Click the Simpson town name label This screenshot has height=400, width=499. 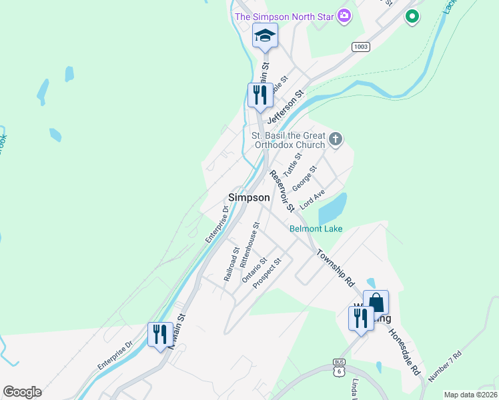pos(249,197)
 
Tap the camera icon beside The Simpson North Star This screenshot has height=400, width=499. pos(344,15)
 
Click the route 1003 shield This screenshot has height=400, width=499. pos(361,47)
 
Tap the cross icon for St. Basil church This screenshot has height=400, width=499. pos(336,139)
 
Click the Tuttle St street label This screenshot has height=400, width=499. pos(292,163)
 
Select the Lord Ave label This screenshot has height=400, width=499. pos(312,199)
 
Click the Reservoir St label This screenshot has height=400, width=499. pos(282,191)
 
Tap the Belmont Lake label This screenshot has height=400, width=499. pos(316,229)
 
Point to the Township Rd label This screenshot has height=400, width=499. pos(335,267)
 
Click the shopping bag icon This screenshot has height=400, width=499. pos(376,302)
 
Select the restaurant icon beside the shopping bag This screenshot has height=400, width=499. pos(361,317)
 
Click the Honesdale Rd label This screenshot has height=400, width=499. pos(405,351)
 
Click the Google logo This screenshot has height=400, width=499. pos(22,392)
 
